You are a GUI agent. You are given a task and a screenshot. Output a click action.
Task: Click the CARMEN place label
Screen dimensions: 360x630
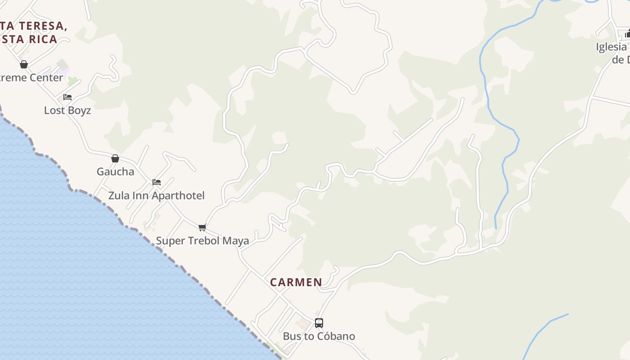296,282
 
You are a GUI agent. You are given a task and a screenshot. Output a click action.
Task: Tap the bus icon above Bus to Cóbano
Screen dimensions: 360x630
319,323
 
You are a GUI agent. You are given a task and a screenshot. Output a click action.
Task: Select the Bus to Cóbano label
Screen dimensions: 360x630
319,336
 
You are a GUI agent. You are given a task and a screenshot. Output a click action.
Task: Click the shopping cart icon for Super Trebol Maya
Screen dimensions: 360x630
202,227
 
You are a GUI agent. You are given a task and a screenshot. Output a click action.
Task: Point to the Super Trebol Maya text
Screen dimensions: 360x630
202,241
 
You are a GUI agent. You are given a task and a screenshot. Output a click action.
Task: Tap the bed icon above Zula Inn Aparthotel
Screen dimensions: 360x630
156,182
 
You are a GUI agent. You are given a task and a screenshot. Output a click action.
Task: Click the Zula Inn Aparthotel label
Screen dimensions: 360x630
156,196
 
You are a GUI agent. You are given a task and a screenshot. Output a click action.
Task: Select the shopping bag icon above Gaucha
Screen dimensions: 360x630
115,158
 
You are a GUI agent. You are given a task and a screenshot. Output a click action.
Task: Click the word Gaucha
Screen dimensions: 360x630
115,171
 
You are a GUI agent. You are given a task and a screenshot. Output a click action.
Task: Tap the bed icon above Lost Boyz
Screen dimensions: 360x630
67,97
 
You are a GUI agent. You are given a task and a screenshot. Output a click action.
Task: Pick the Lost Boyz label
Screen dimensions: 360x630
67,110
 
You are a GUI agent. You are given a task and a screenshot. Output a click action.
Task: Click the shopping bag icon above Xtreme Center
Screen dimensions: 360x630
24,64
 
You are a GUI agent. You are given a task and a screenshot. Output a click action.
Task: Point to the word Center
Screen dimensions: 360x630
46,77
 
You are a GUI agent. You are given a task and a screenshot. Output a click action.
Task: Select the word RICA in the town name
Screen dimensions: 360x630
43,39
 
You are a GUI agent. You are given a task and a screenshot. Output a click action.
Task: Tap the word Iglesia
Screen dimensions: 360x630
611,47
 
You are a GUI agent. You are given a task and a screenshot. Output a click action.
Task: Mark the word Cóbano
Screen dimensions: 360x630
337,336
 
